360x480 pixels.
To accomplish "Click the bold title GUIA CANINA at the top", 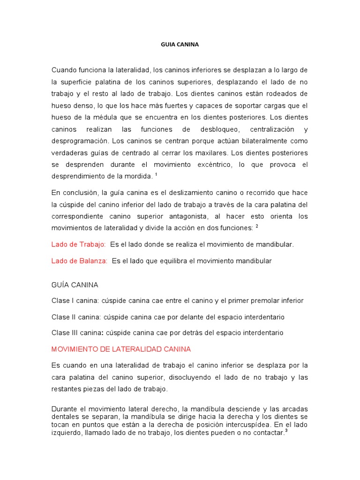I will tap(180, 45).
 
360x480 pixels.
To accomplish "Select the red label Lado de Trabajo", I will tap(79, 244).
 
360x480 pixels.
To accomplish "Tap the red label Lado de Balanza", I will tap(79, 261).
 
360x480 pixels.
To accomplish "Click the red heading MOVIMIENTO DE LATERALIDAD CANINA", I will tap(121, 349).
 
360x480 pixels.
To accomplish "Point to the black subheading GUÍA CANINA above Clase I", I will tap(75, 285).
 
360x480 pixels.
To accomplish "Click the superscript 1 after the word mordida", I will tap(156, 174).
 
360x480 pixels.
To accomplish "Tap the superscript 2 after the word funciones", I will tap(257, 225).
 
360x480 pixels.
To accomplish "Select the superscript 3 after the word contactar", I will tap(285, 431).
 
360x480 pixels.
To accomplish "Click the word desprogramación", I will tap(79, 141).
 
